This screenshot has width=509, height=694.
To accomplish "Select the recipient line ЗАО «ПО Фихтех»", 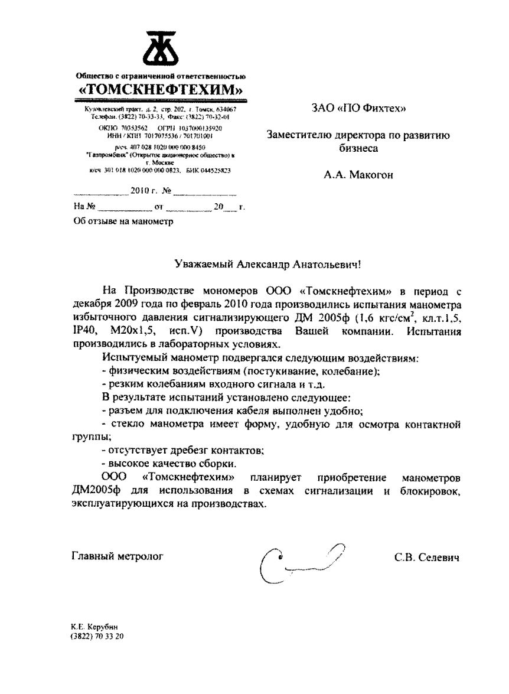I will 359,108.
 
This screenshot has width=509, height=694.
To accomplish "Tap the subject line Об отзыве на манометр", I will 123,221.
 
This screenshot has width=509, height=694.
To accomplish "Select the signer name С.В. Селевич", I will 427,557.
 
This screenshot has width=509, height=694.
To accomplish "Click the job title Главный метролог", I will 117,556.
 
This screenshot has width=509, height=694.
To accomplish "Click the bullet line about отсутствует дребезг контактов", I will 182,450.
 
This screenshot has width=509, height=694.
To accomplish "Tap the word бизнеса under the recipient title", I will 358,149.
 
